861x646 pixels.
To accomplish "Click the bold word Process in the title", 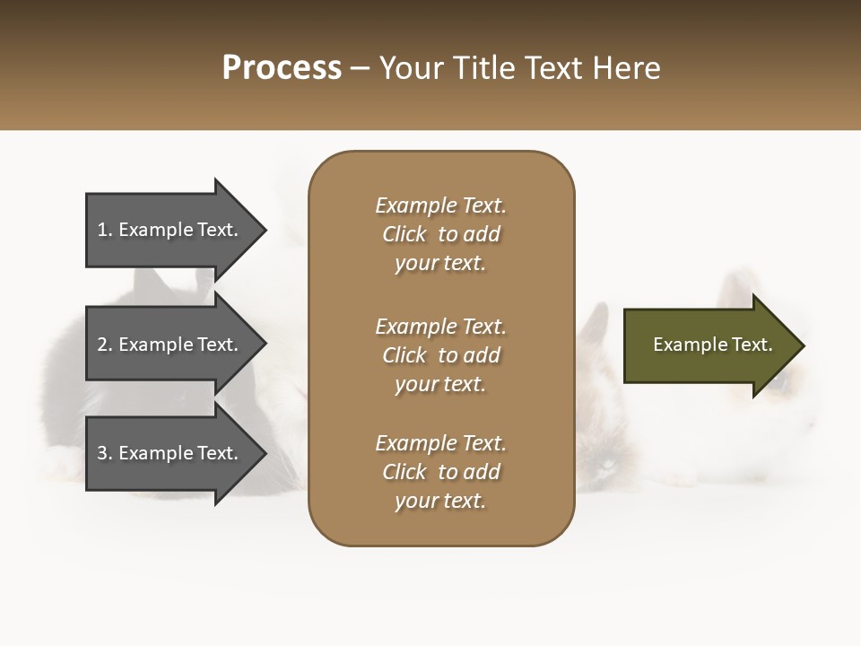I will coord(282,68).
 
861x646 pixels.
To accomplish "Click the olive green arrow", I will coord(709,345).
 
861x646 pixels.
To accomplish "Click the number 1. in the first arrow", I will coord(105,230).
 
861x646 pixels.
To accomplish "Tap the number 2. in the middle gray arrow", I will coord(105,345).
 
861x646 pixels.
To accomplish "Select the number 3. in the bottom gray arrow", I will coord(105,453).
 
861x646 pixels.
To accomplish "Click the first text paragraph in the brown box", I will coord(440,234).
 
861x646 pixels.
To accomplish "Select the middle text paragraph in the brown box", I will coord(440,355).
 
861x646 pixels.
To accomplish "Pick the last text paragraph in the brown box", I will coord(440,472).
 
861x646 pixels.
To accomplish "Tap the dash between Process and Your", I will coord(360,69).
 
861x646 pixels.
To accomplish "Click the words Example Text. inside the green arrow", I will coord(712,345).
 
